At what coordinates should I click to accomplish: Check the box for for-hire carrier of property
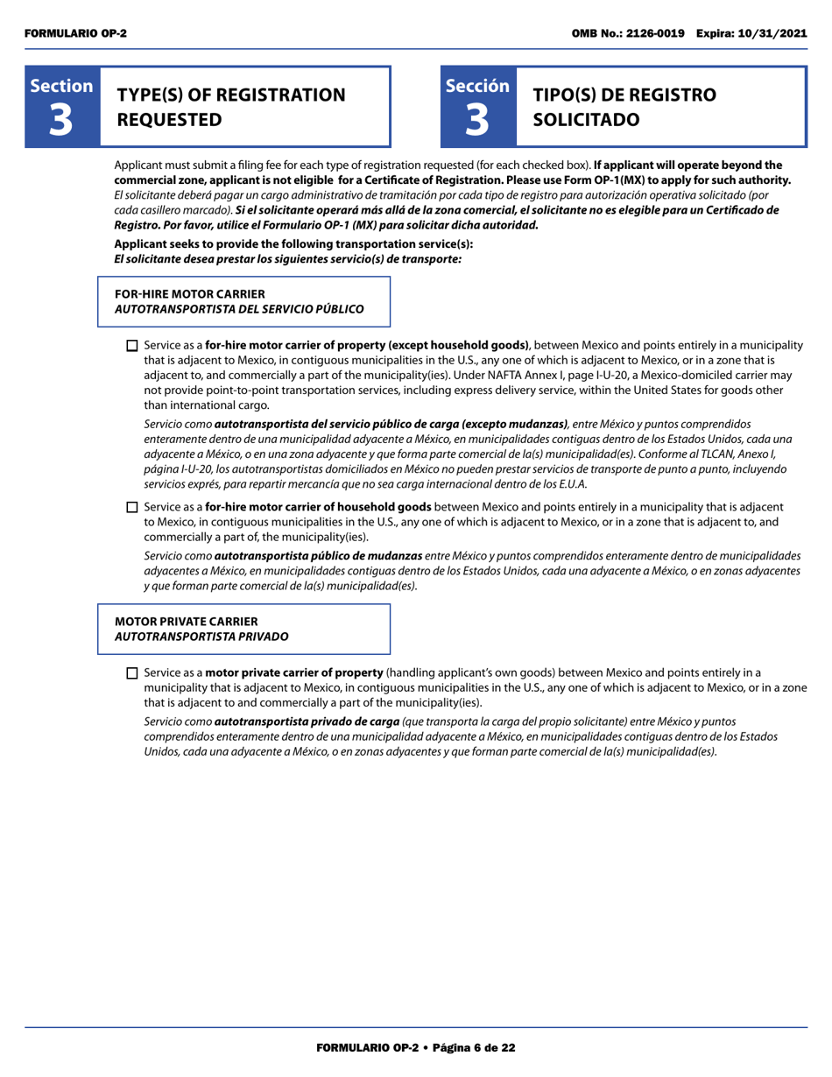coord(132,346)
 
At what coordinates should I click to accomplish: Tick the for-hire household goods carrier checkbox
coord(132,507)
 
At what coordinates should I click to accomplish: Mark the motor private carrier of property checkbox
coord(132,673)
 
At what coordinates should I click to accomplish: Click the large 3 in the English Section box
coord(61,121)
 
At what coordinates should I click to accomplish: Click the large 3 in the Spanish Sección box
coord(477,121)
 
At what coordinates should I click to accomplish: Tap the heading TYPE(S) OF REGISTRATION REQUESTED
coord(231,107)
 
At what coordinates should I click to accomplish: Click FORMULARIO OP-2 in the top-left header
coord(75,32)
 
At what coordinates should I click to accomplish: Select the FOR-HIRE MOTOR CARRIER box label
coord(190,294)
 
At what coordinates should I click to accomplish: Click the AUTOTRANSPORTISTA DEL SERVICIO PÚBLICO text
coord(239,309)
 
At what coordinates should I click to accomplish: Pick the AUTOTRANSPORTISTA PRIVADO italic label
coord(201,637)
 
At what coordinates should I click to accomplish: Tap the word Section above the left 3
coord(61,86)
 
